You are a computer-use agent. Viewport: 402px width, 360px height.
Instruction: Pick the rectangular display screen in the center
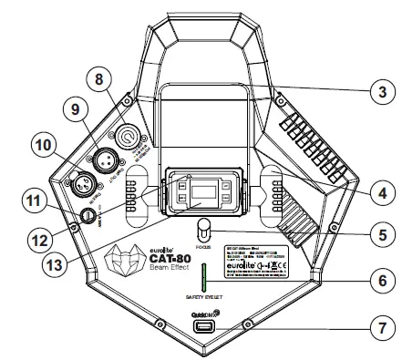pos(203,192)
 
